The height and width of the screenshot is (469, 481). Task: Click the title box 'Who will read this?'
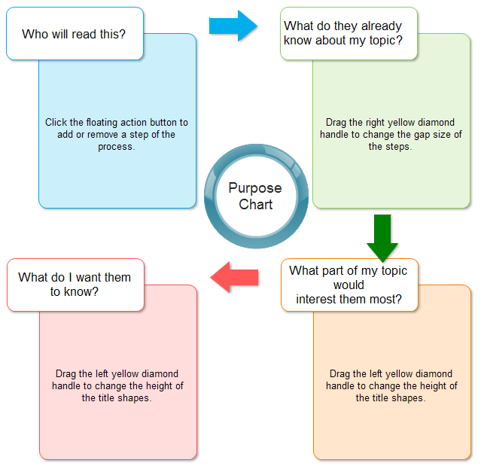pos(75,34)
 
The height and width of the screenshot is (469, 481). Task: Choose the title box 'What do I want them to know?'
pos(75,285)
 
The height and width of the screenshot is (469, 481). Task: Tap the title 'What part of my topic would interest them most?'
pos(349,285)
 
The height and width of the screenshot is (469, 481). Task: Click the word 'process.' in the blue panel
pos(117,147)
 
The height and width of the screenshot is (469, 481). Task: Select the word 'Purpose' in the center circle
pos(255,188)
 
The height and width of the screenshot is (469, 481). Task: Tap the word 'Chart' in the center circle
pos(256,205)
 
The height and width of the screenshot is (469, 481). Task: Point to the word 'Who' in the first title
pos(35,34)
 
